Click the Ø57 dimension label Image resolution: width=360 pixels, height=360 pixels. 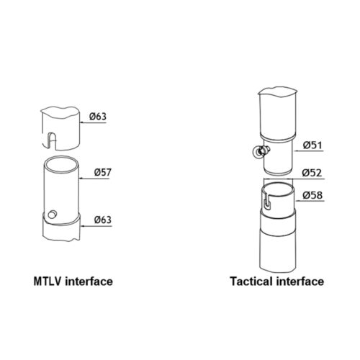(x=103, y=172)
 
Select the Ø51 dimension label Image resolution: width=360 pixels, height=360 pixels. (x=312, y=145)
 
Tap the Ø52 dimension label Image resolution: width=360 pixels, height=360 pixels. (x=312, y=173)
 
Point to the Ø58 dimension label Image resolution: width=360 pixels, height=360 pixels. (x=312, y=195)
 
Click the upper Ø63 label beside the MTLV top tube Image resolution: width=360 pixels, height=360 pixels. (x=98, y=117)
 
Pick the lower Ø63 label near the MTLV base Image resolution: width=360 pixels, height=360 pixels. (x=103, y=220)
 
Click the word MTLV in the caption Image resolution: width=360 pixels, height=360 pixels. (x=48, y=282)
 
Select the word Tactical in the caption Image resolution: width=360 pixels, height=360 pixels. (x=252, y=282)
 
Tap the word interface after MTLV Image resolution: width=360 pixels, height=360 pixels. (x=89, y=282)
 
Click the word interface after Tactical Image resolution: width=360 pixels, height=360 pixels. (x=300, y=282)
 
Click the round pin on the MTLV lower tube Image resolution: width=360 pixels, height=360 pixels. (x=52, y=214)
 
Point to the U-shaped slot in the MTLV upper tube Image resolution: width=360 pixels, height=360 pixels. (x=52, y=140)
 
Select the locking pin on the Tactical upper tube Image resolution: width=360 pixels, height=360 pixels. (x=261, y=152)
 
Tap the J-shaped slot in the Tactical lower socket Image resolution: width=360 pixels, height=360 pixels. (x=266, y=200)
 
